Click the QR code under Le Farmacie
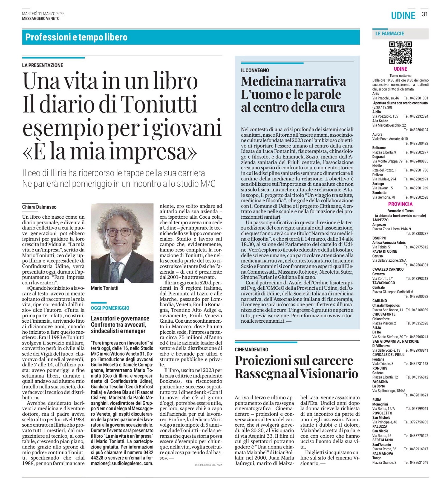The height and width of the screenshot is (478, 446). click(400, 53)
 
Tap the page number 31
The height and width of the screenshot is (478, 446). click(425, 15)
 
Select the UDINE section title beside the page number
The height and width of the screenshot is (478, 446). click(403, 16)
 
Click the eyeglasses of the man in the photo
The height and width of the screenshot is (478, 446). click(122, 232)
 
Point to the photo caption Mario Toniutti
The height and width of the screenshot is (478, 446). click(105, 288)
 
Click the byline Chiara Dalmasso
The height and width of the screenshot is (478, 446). click(39, 207)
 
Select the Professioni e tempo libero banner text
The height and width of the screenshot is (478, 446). click(76, 37)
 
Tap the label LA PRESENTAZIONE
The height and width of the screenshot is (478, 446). click(42, 65)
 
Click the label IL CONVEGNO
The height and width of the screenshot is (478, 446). click(255, 70)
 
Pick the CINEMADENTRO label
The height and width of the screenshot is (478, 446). click(251, 350)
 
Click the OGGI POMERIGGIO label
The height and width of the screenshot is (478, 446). click(110, 308)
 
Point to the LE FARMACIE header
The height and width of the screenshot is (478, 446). click(390, 34)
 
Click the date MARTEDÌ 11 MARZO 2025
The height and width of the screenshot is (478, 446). click(43, 14)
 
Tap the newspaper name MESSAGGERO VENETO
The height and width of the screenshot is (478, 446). click(41, 18)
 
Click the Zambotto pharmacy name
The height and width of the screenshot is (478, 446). click(379, 193)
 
